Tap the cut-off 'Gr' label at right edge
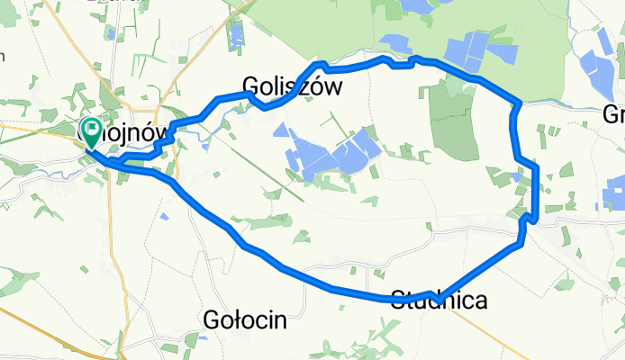click(614, 115)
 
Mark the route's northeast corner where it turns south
click(518, 103)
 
